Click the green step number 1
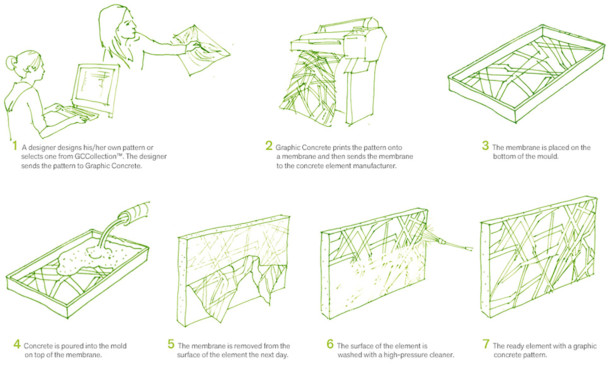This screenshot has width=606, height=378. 14,146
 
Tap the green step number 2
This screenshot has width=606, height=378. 269,145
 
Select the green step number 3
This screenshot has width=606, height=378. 485,145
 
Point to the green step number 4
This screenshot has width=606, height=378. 17,344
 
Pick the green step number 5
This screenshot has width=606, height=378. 171,344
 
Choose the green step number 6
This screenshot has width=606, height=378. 330,344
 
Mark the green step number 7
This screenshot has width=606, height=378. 486,344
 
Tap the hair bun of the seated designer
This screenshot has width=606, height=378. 10,63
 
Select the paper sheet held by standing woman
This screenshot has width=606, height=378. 202,50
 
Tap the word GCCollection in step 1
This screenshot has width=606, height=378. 96,157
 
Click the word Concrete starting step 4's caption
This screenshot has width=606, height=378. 37,346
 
